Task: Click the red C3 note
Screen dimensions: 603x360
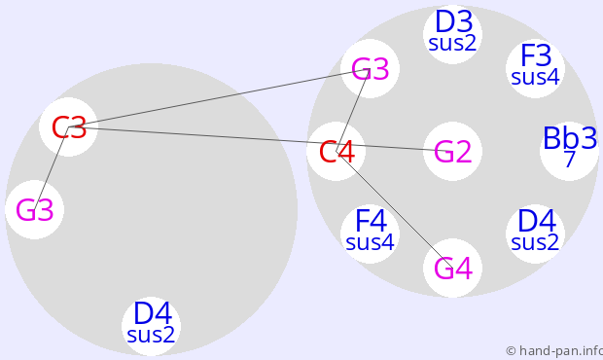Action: [69, 127]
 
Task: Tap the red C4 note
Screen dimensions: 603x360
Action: [337, 152]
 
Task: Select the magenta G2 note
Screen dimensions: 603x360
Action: [452, 152]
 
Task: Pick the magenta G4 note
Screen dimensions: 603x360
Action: [452, 269]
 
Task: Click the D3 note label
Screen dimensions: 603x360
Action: [453, 22]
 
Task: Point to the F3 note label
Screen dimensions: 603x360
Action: [536, 55]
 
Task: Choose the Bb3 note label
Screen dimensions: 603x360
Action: [570, 138]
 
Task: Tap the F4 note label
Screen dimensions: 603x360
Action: [371, 221]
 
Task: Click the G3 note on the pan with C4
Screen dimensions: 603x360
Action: [371, 69]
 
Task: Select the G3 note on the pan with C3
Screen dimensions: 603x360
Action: [35, 210]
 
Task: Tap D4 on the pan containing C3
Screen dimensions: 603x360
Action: [152, 313]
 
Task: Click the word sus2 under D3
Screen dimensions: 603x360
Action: [452, 43]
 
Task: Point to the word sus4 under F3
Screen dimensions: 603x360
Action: [535, 77]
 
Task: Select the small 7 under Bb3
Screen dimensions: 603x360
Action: [570, 159]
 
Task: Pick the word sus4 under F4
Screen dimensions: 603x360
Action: [371, 242]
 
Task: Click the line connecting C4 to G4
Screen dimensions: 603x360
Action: [395, 209]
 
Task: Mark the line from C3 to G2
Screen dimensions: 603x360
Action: [261, 139]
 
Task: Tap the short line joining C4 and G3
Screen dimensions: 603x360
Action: [353, 110]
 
